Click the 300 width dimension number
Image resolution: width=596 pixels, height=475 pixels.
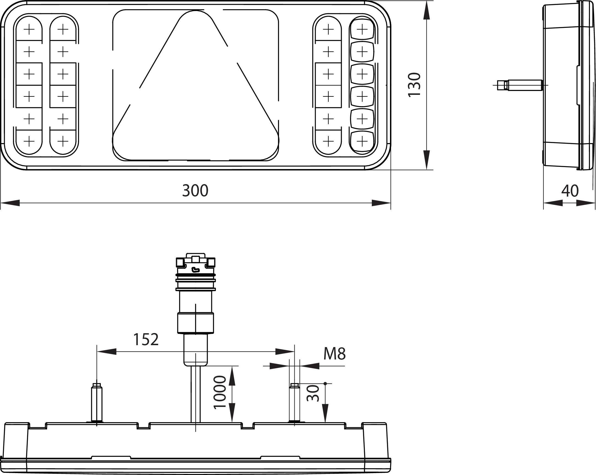(x=195, y=190)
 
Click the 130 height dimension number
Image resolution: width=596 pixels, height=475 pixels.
(x=415, y=84)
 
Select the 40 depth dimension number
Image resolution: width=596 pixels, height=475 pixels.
(x=570, y=190)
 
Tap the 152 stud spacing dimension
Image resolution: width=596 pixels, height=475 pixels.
(x=146, y=339)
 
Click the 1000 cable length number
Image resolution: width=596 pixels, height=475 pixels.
(x=220, y=392)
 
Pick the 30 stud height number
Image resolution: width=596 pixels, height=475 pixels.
(x=313, y=393)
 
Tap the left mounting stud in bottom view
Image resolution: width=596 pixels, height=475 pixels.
(x=96, y=404)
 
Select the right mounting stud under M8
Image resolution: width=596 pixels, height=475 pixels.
(x=294, y=404)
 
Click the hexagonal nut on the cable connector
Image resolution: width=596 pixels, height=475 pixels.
(x=196, y=323)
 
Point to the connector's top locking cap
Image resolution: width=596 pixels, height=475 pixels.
(x=196, y=258)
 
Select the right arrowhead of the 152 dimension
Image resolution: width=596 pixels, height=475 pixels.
(x=285, y=351)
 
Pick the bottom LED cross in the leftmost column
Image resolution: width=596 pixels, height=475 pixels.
(x=29, y=142)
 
